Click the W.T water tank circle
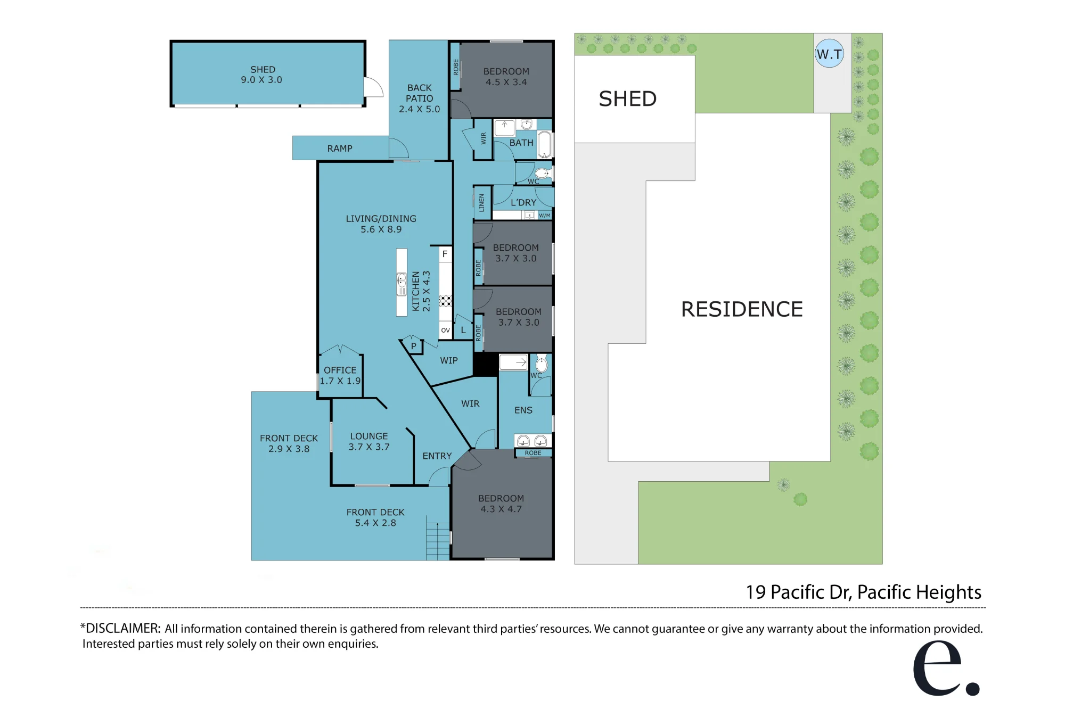point(830,53)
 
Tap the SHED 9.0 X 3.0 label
point(262,75)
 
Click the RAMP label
point(340,149)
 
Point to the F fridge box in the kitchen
point(445,254)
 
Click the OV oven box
point(446,330)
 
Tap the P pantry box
point(413,346)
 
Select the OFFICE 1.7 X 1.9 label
point(340,375)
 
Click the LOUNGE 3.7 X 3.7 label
point(369,441)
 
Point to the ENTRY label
point(437,456)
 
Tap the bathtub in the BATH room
point(544,144)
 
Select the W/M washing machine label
point(545,216)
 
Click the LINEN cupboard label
point(481,203)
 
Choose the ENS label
point(523,410)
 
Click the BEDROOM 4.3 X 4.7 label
point(501,504)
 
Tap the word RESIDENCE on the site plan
point(742,309)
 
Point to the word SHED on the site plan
point(628,99)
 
